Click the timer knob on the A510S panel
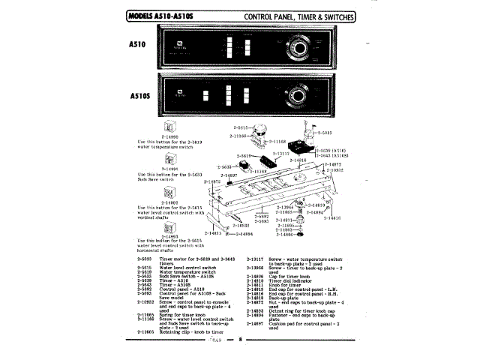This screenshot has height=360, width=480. coord(298,94)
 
